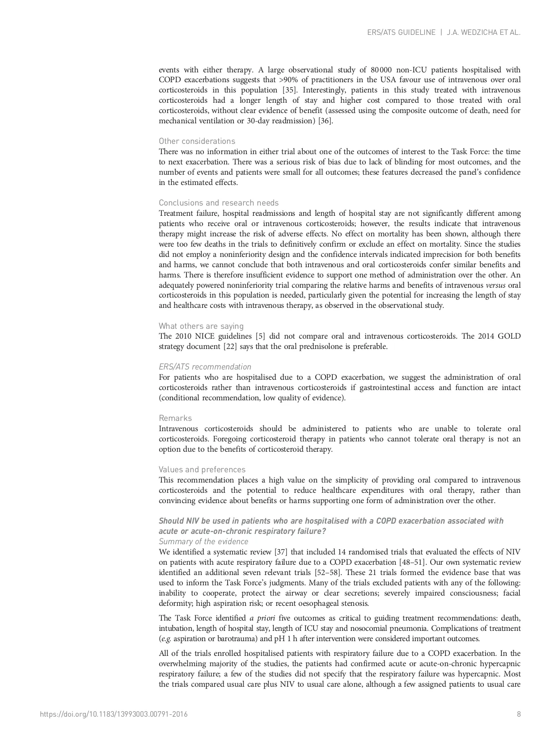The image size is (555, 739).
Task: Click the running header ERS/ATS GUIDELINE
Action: (401, 33)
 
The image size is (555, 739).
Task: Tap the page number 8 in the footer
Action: (519, 714)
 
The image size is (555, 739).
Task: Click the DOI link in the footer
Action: (114, 714)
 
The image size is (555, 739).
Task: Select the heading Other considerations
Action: (197, 141)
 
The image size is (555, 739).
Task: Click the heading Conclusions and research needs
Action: (218, 203)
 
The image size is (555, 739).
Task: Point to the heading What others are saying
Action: (201, 326)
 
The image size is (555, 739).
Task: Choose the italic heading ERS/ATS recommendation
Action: (205, 367)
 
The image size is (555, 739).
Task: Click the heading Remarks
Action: (175, 418)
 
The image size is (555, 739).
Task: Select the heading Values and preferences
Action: (202, 470)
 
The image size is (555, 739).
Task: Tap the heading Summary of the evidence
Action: (203, 542)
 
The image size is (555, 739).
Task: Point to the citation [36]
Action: (325, 121)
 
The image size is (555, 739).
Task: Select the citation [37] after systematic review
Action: (281, 552)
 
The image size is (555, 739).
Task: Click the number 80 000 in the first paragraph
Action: (381, 70)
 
